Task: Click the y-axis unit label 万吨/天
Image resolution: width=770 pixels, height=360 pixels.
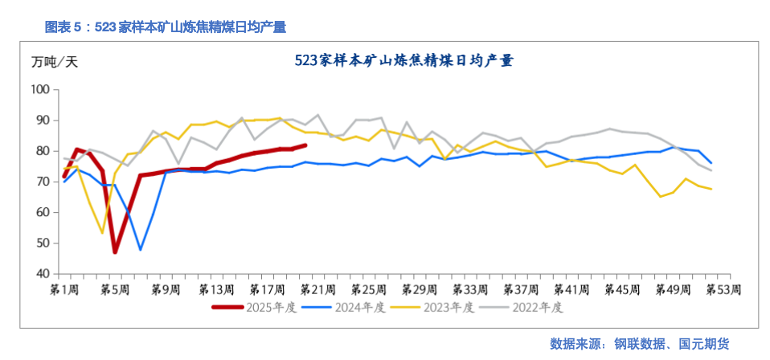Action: pyautogui.click(x=55, y=61)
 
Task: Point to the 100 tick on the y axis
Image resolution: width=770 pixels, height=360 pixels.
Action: pyautogui.click(x=39, y=89)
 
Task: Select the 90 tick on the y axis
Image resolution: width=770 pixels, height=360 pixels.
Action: pyautogui.click(x=42, y=120)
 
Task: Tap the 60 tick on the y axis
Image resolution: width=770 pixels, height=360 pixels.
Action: pyautogui.click(x=42, y=212)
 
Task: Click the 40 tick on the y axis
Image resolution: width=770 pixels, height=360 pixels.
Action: pyautogui.click(x=42, y=274)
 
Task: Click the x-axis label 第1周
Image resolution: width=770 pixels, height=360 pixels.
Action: pyautogui.click(x=64, y=288)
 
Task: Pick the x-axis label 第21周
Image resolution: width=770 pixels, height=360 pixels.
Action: pyautogui.click(x=319, y=288)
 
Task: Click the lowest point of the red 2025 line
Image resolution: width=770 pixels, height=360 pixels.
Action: pyautogui.click(x=115, y=252)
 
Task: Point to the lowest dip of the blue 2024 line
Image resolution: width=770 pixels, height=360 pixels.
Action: pyautogui.click(x=141, y=250)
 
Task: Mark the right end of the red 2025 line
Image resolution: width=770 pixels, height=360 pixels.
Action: pyautogui.click(x=305, y=145)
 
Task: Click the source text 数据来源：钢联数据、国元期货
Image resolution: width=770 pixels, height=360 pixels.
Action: pyautogui.click(x=639, y=344)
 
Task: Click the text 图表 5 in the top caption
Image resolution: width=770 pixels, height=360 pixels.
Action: pyautogui.click(x=63, y=27)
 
